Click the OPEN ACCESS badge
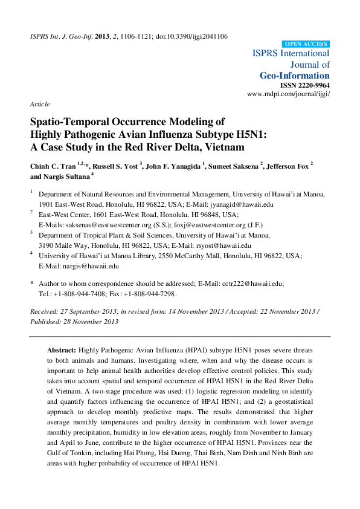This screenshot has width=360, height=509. click(x=306, y=44)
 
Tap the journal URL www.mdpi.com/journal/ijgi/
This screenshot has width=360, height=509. click(x=289, y=94)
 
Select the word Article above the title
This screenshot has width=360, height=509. click(x=40, y=104)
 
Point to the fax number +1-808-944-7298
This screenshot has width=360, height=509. click(x=147, y=293)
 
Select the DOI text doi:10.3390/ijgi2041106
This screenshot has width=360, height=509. click(x=184, y=37)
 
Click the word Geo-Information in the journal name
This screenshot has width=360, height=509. click(x=295, y=76)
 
